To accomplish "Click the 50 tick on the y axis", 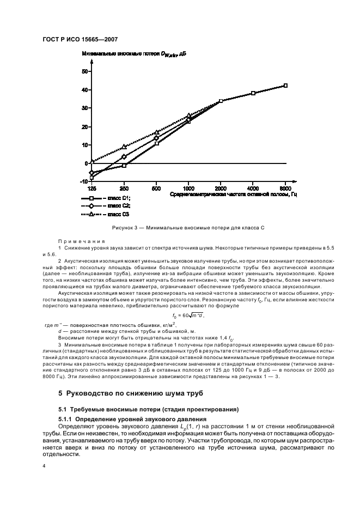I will (84, 71).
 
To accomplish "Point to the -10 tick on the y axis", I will (83, 181).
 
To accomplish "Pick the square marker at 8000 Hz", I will (285, 86).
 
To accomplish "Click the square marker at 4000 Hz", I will (253, 93).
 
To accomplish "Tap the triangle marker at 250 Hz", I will (124, 147).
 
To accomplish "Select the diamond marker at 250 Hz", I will (124, 157).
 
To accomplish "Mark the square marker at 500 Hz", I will (157, 143).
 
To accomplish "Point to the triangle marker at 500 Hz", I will (157, 132).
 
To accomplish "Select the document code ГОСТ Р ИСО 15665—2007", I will (80, 40).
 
